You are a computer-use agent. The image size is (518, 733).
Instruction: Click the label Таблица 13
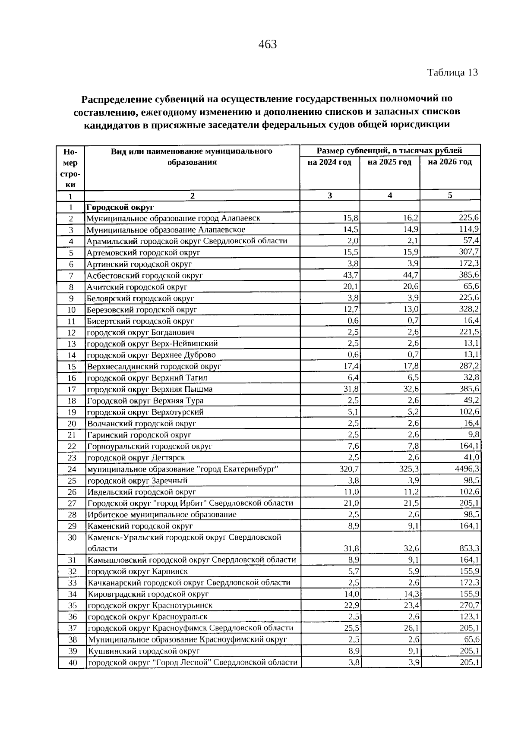click(452, 72)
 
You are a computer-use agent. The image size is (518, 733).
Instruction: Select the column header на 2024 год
click(329, 162)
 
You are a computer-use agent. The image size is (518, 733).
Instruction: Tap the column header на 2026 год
click(450, 162)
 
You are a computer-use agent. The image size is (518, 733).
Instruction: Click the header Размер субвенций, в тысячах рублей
click(389, 151)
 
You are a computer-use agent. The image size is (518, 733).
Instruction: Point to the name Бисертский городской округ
click(140, 321)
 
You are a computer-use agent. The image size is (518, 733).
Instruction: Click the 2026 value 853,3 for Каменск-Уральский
click(469, 548)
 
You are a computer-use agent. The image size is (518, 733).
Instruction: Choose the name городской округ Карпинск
click(137, 571)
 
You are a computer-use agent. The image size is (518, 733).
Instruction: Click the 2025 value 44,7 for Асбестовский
click(411, 275)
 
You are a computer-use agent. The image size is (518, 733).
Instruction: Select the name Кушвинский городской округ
click(143, 651)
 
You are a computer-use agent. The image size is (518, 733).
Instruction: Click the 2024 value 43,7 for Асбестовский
click(351, 275)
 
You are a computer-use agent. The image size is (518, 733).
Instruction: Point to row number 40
click(72, 663)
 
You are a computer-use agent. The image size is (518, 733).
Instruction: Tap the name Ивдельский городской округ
click(142, 492)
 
